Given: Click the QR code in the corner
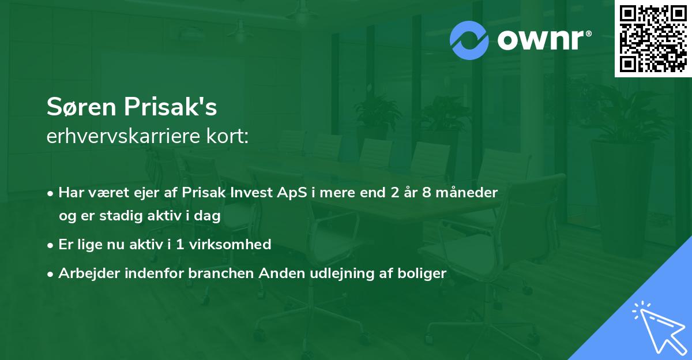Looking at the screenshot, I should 653,39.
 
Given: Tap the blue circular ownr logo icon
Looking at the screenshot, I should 469,40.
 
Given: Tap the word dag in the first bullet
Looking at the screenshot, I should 210,215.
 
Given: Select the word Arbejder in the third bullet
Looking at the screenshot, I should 85,273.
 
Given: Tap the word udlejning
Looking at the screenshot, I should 334,273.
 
